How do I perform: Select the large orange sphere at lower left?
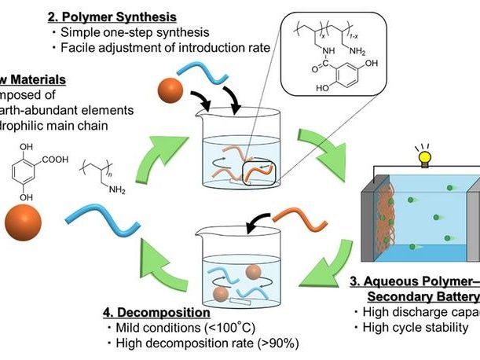(x=26, y=220)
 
